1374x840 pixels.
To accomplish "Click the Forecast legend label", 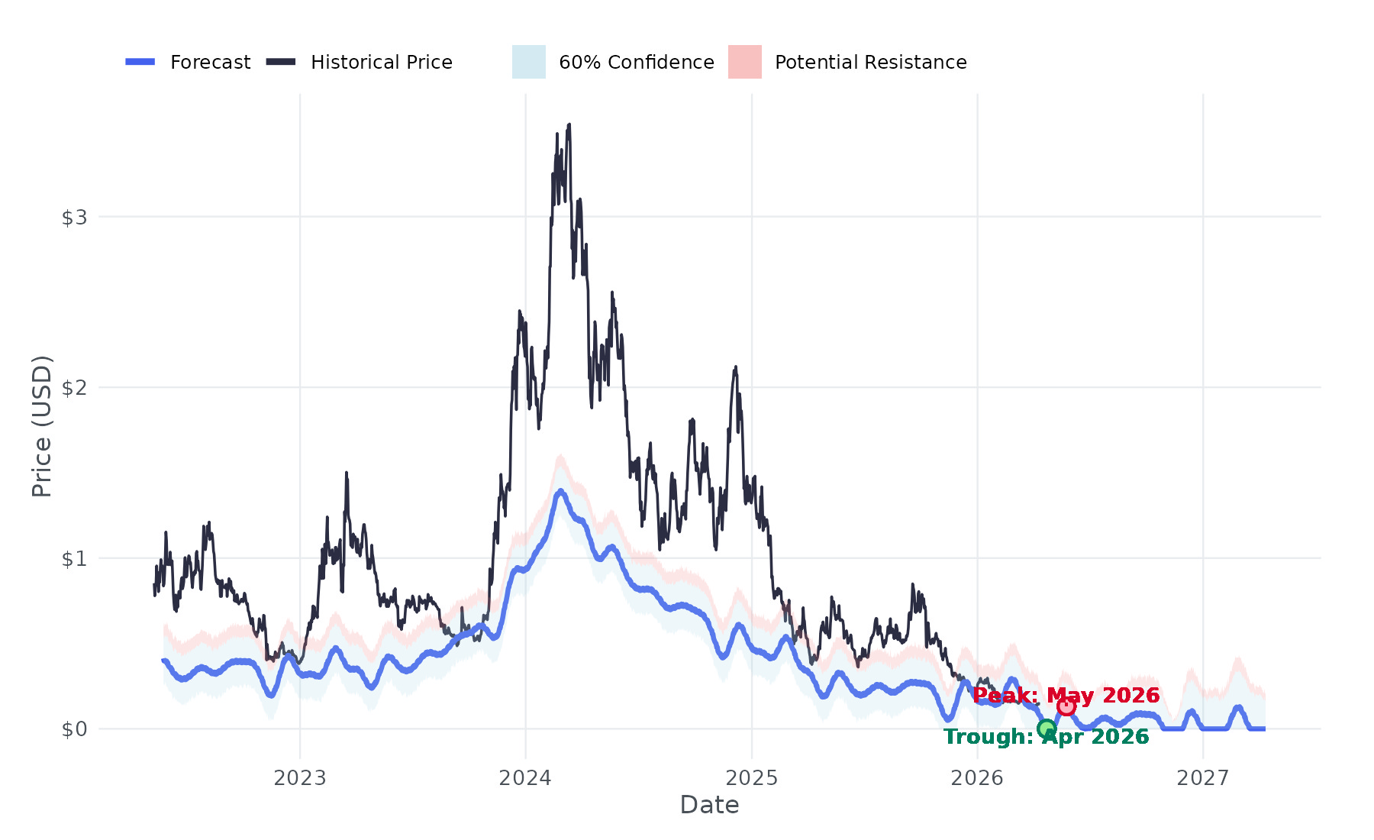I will coord(210,63).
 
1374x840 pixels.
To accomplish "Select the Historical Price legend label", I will coord(381,63).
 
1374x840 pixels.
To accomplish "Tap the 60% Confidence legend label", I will coord(636,63).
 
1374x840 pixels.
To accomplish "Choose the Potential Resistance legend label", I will coord(870,63).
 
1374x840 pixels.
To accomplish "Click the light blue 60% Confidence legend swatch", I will coord(528,62).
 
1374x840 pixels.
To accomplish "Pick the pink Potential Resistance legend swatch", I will coord(744,62).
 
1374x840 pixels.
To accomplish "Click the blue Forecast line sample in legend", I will coord(140,62).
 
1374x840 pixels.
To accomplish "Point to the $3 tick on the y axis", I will coord(75,218).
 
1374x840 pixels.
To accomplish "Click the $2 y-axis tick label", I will coord(75,388).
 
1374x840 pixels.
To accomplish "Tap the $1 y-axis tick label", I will coord(75,559).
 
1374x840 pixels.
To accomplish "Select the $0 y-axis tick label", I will coord(75,729).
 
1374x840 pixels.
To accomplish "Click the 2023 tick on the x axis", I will coord(300,778).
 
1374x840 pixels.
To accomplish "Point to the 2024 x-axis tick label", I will coord(525,778).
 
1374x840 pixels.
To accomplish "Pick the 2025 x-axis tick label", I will coord(751,778).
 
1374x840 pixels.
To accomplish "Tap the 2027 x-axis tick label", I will coord(1203,778).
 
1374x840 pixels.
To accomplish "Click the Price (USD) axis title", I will coord(42,426).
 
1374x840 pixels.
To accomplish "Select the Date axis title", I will coord(709,805).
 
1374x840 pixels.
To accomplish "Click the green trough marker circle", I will coord(1047,729).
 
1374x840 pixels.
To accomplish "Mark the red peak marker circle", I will coord(1066,706).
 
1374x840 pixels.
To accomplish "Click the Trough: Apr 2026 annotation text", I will coord(1046,737).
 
